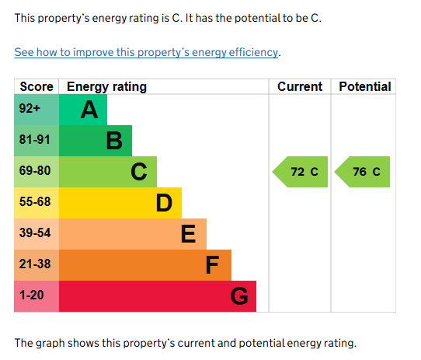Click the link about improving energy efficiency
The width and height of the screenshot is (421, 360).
pos(147,53)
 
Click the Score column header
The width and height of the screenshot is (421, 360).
pos(36,86)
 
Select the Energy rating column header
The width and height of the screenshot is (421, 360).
pos(106,86)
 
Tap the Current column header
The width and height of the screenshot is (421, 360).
pos(299,86)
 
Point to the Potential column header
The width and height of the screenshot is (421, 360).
pos(364,86)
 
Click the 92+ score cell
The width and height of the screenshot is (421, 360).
pos(30,110)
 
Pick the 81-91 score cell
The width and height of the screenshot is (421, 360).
pos(34,141)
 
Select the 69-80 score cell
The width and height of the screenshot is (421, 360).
pos(34,172)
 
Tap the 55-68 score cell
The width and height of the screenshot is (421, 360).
pos(34,203)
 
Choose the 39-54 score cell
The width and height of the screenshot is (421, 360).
pos(34,234)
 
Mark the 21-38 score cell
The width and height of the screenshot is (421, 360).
pos(34,265)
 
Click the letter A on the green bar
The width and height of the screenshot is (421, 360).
pos(89,110)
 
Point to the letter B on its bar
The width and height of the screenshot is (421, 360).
pos(114,142)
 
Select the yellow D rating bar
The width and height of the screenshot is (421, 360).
pos(120,203)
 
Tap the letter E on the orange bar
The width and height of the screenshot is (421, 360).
pos(188,234)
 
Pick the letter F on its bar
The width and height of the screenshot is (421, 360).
pos(212,266)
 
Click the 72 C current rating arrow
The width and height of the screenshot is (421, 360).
pos(300,172)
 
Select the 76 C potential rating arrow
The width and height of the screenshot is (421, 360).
pos(363,172)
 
